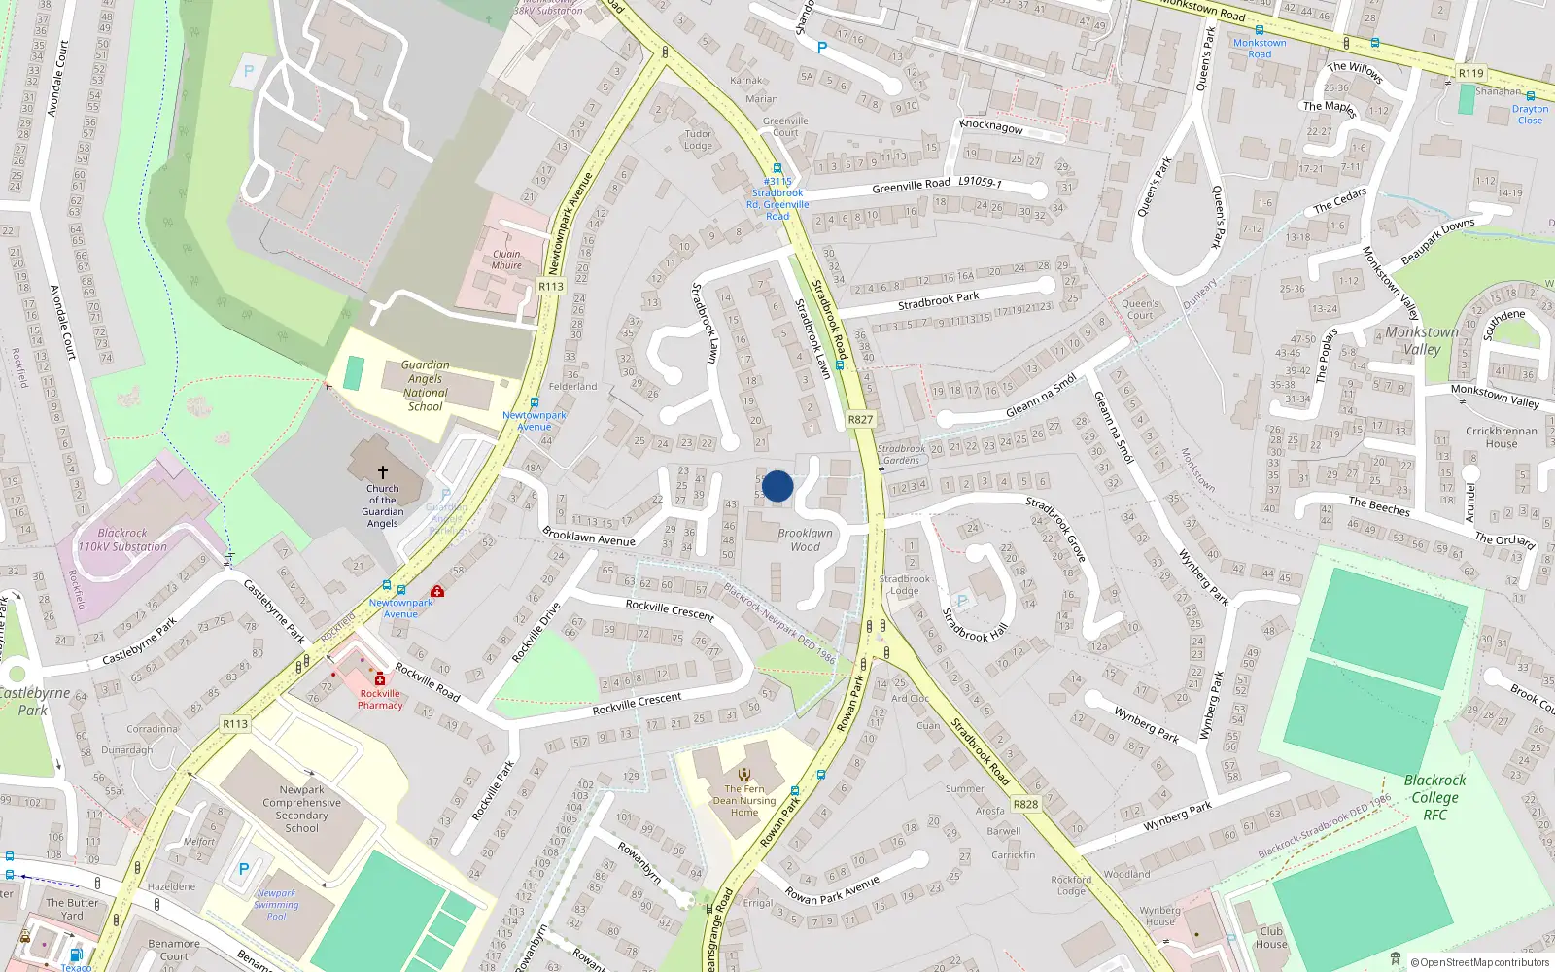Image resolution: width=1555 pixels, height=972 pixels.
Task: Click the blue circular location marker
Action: (x=777, y=486)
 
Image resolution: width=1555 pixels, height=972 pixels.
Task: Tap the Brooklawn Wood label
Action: (x=805, y=539)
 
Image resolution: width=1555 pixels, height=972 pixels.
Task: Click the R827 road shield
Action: (x=860, y=420)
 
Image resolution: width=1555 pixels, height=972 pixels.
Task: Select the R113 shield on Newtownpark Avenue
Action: (x=551, y=286)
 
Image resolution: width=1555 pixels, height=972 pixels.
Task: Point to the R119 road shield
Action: (x=1470, y=73)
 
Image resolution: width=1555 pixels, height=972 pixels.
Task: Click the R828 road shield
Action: (x=1025, y=804)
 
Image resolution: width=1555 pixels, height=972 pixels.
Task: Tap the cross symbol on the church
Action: (x=383, y=471)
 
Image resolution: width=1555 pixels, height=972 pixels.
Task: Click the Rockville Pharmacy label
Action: (x=380, y=699)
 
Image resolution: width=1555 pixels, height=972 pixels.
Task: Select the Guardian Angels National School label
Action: (x=425, y=386)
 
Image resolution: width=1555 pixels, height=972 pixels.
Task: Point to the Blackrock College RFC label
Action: (x=1434, y=797)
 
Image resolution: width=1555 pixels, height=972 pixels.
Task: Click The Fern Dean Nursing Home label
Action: (x=744, y=801)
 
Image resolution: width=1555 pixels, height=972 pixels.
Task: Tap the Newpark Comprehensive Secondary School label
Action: (x=301, y=809)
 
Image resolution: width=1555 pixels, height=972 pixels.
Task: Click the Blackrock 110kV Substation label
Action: (x=122, y=539)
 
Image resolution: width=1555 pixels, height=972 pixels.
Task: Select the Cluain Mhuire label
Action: (x=506, y=260)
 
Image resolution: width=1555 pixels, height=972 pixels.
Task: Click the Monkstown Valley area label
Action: (x=1422, y=340)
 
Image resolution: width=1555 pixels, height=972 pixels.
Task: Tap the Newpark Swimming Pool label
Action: (x=277, y=904)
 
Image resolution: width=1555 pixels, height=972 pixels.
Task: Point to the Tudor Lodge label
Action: (x=698, y=140)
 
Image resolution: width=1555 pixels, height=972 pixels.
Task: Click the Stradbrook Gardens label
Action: (x=901, y=454)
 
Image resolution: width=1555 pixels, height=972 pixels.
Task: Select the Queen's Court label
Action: (x=1140, y=309)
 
